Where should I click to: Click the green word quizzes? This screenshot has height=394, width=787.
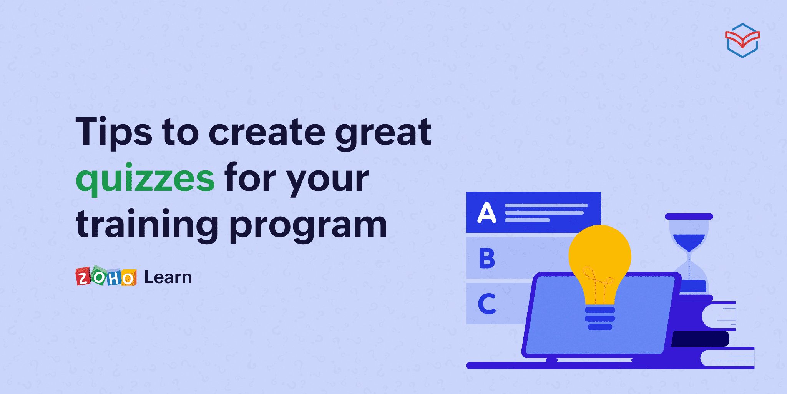point(145,178)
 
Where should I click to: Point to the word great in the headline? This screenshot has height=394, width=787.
point(383,132)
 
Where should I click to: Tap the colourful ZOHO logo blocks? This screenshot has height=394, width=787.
point(106,277)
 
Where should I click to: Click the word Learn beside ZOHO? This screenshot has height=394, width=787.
point(168,277)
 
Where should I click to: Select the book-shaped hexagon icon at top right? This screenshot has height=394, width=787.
point(742,40)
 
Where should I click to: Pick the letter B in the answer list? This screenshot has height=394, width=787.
point(487,258)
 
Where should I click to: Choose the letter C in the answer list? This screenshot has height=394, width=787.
point(487,304)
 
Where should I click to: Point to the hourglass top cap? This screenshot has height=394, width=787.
point(689,217)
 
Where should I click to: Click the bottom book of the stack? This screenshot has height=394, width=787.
point(726,358)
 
